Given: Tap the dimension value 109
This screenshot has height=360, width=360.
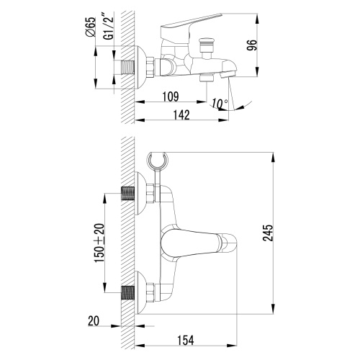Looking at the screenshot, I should coord(170,96).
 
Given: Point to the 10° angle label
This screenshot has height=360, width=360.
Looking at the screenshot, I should coord(220,103).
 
